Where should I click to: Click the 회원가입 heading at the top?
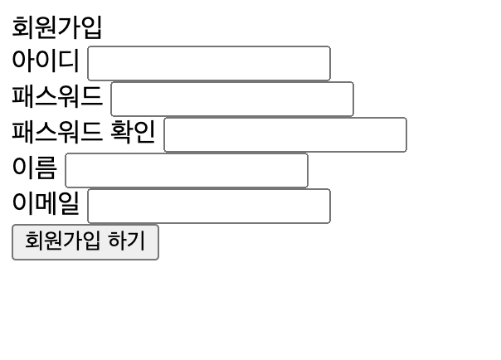point(56,27)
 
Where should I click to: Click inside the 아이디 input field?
point(208,63)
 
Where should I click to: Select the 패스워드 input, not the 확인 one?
point(231,99)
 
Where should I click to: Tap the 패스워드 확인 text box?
point(285,134)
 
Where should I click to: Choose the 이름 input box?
point(186,170)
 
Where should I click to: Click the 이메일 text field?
point(208,206)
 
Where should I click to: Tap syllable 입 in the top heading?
point(91,27)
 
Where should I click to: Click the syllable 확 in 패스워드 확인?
point(122,133)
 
